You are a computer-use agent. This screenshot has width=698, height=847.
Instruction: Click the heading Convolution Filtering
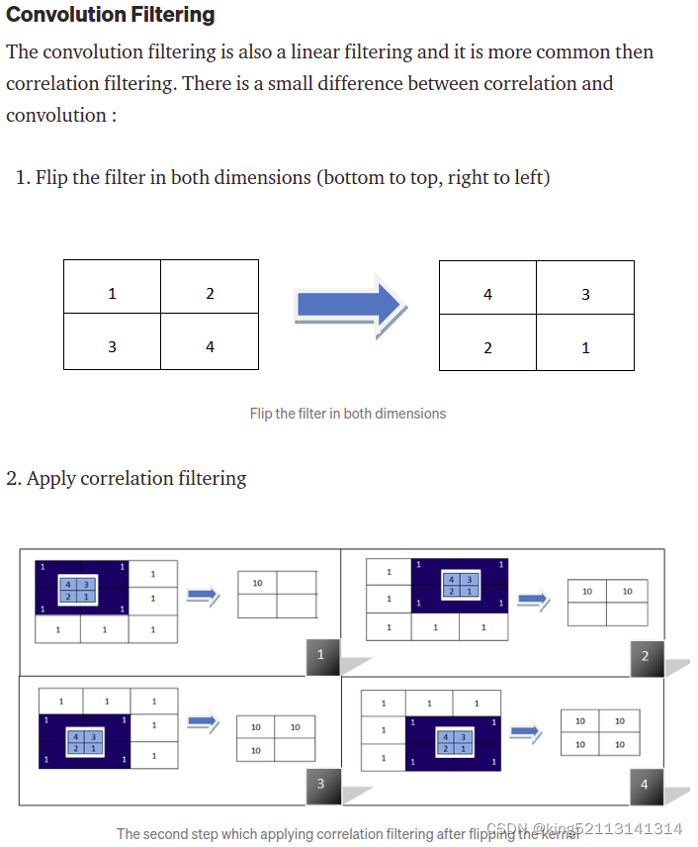(x=110, y=15)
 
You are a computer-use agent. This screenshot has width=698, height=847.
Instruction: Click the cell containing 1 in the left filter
(x=112, y=293)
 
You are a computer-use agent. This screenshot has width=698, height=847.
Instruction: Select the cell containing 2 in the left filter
(x=210, y=293)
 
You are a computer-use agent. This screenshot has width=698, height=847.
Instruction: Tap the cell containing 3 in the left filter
(x=112, y=347)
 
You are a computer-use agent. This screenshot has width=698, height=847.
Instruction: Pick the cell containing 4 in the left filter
(x=210, y=347)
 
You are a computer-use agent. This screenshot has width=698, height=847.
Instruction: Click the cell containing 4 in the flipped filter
(x=487, y=294)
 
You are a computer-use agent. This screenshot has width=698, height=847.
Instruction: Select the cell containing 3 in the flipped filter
(x=585, y=294)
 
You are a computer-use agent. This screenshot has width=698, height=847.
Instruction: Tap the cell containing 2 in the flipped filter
(x=487, y=348)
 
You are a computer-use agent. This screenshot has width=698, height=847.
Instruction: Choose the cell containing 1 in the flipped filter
(x=585, y=348)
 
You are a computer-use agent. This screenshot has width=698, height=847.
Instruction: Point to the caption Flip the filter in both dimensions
(x=347, y=414)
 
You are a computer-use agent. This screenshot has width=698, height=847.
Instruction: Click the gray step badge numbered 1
(x=320, y=655)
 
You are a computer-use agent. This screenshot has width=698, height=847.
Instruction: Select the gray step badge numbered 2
(x=645, y=655)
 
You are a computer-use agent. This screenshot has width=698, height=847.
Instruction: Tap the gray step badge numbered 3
(x=320, y=784)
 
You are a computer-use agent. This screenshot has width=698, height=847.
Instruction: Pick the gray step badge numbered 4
(x=645, y=784)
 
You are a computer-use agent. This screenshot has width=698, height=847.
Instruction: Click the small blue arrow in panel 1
(x=202, y=594)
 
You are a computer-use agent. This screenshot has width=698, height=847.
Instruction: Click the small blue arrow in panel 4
(x=526, y=732)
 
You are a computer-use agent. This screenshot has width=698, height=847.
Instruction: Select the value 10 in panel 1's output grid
(x=257, y=583)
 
